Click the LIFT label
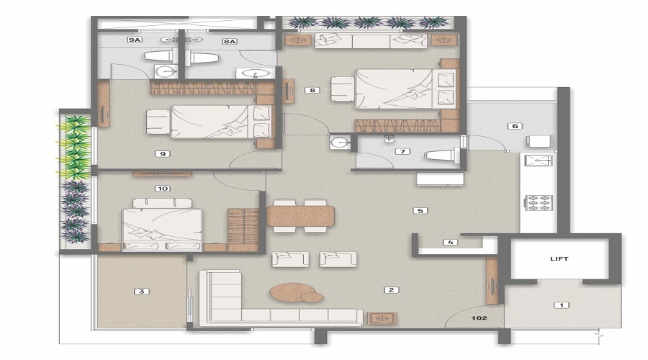coord(559,258)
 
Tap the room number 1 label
coord(560,305)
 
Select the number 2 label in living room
coord(391,290)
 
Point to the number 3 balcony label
coord(142,292)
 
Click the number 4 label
coord(450,243)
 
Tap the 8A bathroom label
coord(230,41)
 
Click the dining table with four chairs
coord(300,215)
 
